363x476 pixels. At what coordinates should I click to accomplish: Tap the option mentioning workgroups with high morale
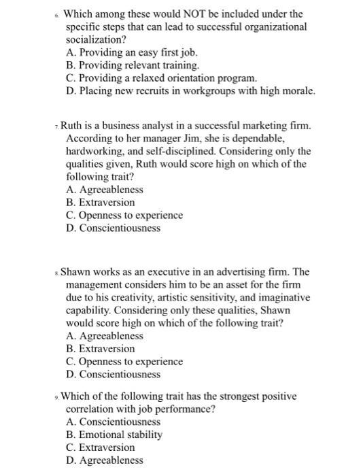(x=191, y=91)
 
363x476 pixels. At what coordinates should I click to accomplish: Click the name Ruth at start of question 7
(x=73, y=126)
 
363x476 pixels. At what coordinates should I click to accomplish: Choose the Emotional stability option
(x=114, y=435)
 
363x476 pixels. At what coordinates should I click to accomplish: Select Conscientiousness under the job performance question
(x=114, y=422)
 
